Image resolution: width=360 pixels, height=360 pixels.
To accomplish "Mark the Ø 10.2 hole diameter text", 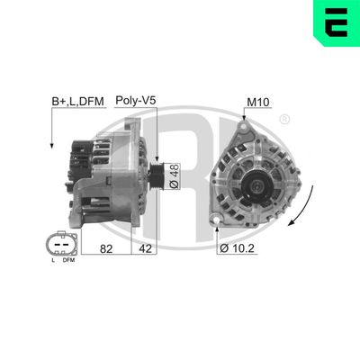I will (x=238, y=247).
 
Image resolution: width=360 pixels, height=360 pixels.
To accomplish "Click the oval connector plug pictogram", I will (x=59, y=244).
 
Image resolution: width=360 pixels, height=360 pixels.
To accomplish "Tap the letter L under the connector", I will (x=52, y=261).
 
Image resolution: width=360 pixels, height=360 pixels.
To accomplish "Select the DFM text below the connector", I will (x=68, y=261).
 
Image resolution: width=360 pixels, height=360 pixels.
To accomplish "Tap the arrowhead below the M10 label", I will (x=245, y=118).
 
